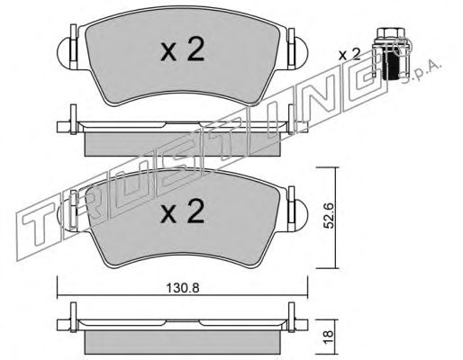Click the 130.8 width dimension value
click(x=183, y=289)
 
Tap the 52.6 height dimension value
click(x=329, y=216)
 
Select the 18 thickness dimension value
click(x=329, y=337)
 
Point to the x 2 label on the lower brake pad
click(x=182, y=211)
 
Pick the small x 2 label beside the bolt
click(x=350, y=55)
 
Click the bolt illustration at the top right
click(x=391, y=53)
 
